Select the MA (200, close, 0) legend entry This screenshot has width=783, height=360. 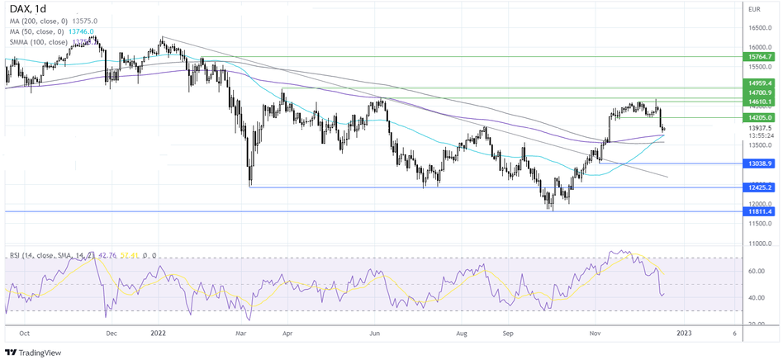click(x=41, y=19)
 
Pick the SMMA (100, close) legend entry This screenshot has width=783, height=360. click(x=37, y=40)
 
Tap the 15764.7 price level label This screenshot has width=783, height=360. click(x=758, y=57)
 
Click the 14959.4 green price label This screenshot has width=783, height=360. click(x=758, y=83)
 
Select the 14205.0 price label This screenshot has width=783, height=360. click(x=758, y=118)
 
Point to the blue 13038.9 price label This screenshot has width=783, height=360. click(x=758, y=164)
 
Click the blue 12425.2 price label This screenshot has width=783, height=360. click(x=758, y=188)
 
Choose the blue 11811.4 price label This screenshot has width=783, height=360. click(x=758, y=212)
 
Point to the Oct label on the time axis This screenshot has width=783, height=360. click(x=24, y=334)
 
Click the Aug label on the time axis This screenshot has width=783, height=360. click(x=462, y=334)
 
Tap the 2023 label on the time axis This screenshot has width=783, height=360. click(x=685, y=334)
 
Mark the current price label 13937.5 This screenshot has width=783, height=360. click(x=758, y=128)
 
